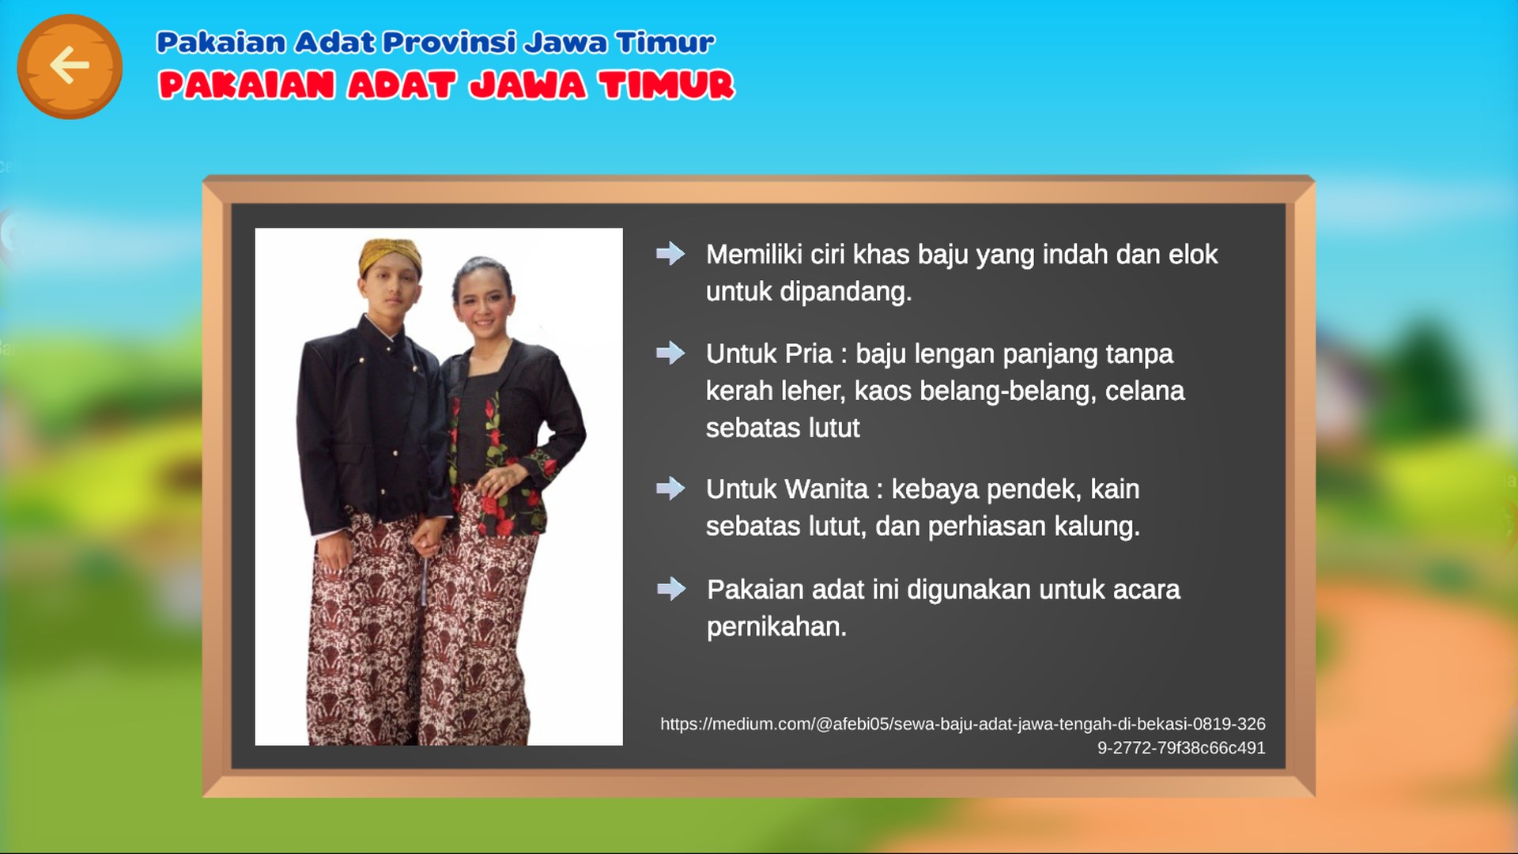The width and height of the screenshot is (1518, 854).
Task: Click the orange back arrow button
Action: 70,66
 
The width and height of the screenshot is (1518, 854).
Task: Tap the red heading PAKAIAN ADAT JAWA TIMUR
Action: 447,85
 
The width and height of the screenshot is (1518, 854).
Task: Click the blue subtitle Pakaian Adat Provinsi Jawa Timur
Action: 436,42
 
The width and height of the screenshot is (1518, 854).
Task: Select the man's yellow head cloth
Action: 389,255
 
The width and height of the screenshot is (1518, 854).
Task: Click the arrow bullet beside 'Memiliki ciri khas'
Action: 670,254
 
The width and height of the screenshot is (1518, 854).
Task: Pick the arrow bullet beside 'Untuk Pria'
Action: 670,353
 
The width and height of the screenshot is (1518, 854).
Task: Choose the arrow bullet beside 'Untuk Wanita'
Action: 670,489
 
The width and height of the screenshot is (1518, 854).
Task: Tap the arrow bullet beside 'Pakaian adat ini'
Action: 671,588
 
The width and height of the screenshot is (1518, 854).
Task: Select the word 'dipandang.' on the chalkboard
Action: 846,293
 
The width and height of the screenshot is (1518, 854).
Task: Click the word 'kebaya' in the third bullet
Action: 935,490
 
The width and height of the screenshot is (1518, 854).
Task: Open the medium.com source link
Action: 963,735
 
